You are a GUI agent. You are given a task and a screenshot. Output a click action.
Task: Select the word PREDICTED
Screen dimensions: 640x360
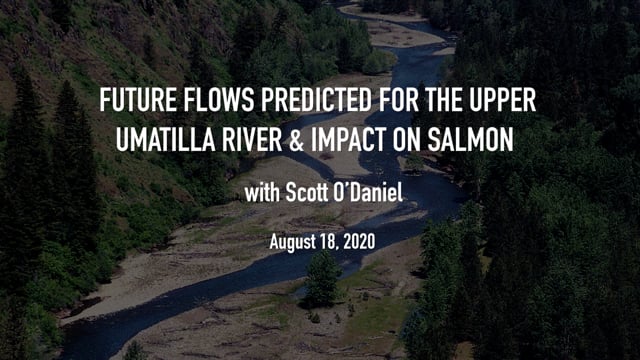[317, 100]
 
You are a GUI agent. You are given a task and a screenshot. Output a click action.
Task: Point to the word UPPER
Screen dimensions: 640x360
[503, 100]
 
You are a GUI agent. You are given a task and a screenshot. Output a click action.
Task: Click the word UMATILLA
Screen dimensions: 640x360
[166, 140]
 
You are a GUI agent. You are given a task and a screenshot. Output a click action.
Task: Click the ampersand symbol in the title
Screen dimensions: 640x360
[296, 140]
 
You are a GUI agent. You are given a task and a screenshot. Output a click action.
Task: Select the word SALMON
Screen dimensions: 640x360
[471, 140]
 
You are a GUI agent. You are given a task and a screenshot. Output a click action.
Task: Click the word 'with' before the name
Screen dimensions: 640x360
[262, 192]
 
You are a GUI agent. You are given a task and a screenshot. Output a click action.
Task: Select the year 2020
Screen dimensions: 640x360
[359, 242]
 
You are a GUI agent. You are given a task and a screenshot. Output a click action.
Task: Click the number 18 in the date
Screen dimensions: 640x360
[330, 242]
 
